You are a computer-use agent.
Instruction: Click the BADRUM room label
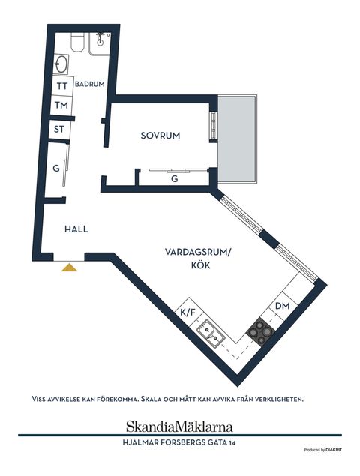pos(89,84)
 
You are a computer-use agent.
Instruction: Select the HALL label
pos(76,229)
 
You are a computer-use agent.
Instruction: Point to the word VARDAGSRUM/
pos(199,253)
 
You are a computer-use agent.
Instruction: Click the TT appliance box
pos(62,86)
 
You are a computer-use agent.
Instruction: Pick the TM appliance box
pos(62,106)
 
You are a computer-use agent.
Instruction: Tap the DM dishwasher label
pos(282,306)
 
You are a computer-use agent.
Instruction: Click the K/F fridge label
pos(187,311)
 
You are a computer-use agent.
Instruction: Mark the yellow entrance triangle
pos(70,267)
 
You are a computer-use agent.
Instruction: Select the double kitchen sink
pos(210,333)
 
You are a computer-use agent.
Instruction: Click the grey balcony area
pos(238,140)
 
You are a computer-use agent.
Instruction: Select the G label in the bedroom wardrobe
pos(174,179)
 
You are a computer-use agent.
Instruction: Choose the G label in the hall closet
pos(56,169)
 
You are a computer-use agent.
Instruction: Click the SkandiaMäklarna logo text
pos(179,423)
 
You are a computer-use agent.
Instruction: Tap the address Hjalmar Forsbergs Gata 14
pos(179,442)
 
